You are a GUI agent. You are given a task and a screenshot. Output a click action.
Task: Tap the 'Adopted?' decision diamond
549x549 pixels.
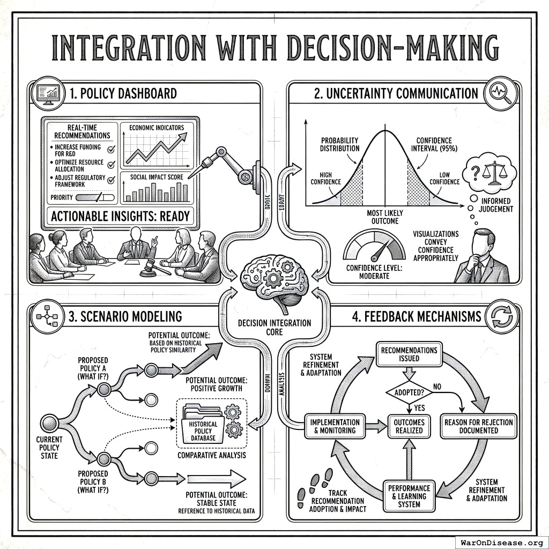tap(409, 392)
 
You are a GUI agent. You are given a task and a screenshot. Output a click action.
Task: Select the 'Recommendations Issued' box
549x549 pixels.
tap(409, 354)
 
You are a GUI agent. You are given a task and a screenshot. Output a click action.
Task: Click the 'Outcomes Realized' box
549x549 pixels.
tap(409, 426)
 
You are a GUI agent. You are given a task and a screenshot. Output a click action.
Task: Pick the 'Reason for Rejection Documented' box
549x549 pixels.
tap(478, 426)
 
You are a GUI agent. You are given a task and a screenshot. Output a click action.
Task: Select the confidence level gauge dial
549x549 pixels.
tap(374, 246)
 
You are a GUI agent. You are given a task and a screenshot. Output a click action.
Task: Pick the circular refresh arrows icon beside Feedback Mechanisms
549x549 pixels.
tap(502, 316)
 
